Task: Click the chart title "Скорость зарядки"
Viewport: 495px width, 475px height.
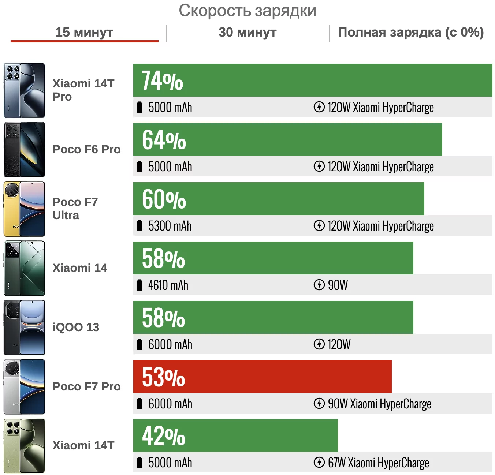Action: click(x=247, y=11)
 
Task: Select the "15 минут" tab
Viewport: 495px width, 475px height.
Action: click(x=84, y=32)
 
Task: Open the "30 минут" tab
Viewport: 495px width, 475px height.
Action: click(x=247, y=32)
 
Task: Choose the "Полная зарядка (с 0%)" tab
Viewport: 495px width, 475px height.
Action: click(x=411, y=32)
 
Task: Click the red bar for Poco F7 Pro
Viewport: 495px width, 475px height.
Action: click(x=262, y=377)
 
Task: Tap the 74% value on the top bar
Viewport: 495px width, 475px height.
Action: click(x=162, y=81)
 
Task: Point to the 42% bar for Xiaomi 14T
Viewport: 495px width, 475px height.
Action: click(x=235, y=435)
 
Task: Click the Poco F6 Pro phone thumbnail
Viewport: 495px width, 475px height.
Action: click(x=24, y=150)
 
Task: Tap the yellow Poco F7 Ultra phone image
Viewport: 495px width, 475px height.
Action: click(x=24, y=209)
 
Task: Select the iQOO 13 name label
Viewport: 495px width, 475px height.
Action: click(x=76, y=327)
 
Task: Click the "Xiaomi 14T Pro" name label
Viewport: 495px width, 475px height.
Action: click(x=83, y=90)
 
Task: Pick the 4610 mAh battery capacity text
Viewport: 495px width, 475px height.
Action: click(x=168, y=285)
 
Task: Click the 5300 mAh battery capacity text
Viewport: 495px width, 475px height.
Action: click(x=170, y=226)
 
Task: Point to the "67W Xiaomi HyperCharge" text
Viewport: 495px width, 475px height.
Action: click(x=378, y=463)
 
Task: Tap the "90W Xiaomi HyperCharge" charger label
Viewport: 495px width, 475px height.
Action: click(x=379, y=404)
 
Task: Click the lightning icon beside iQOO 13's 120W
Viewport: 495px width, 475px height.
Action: click(x=319, y=344)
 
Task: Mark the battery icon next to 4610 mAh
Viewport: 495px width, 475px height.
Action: click(x=139, y=285)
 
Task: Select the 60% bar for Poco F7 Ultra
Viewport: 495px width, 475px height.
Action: click(x=278, y=199)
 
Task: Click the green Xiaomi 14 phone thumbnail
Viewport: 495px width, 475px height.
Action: click(x=24, y=268)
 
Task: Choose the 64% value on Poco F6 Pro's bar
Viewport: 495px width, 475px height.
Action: click(x=164, y=140)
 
